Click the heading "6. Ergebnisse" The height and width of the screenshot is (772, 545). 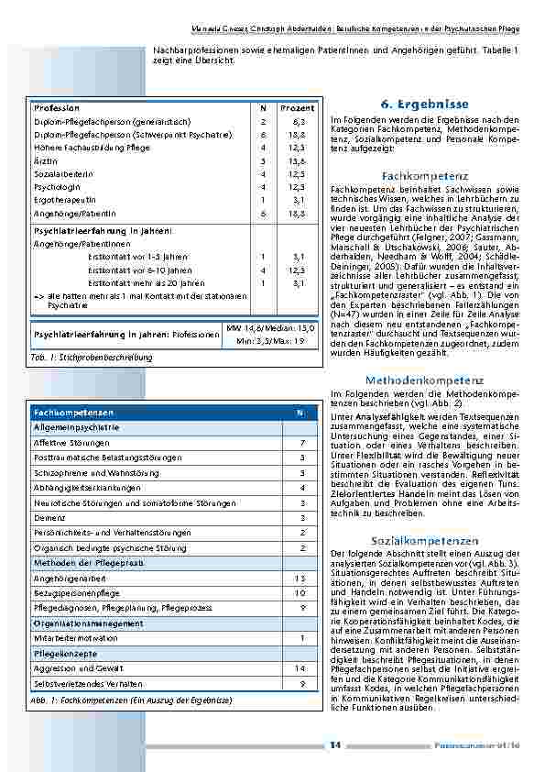(424, 105)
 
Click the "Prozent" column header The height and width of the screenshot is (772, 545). (297, 108)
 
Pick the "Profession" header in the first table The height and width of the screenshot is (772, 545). (56, 108)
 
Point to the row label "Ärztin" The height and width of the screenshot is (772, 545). (46, 160)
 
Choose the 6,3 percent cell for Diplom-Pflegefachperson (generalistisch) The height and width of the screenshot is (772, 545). (299, 121)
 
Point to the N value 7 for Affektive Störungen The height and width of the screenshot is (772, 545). (301, 443)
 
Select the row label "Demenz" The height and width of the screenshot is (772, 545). (48, 517)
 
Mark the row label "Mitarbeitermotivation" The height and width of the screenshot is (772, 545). (75, 638)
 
